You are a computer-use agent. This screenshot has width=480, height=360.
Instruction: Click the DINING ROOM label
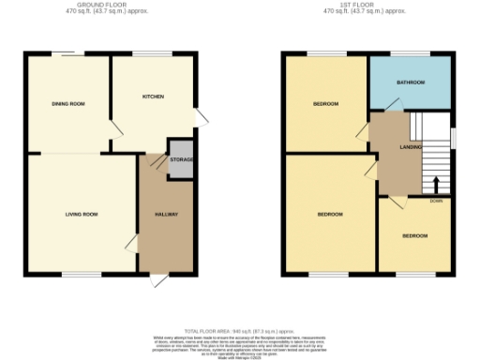tap(67, 103)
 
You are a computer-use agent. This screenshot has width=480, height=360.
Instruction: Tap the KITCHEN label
tap(153, 97)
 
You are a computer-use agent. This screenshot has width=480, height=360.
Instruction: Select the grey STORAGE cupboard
tap(181, 159)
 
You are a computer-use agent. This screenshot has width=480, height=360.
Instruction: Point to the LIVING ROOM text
tap(82, 215)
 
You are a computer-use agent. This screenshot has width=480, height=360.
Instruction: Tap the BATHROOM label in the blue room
tap(411, 82)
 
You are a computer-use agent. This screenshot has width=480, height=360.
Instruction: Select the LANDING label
tap(410, 147)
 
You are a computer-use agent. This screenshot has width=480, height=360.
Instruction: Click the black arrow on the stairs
tap(433, 183)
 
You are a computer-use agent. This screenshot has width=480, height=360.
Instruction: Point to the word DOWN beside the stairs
tap(436, 201)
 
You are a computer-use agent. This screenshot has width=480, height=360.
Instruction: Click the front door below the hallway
tap(158, 279)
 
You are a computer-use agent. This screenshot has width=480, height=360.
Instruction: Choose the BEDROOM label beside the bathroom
tap(325, 103)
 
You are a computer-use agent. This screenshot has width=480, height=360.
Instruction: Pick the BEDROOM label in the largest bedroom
tap(329, 215)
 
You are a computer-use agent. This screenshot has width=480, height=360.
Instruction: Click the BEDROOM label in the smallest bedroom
tap(414, 235)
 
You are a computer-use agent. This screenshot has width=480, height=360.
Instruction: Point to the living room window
tap(79, 274)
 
